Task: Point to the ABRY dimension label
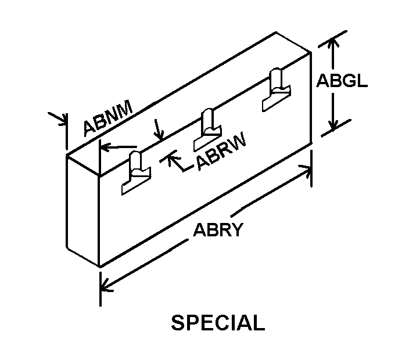click(217, 231)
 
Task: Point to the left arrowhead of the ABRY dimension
click(105, 285)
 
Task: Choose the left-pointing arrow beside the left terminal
click(105, 147)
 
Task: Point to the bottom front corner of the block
click(101, 267)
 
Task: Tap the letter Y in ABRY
click(235, 231)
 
